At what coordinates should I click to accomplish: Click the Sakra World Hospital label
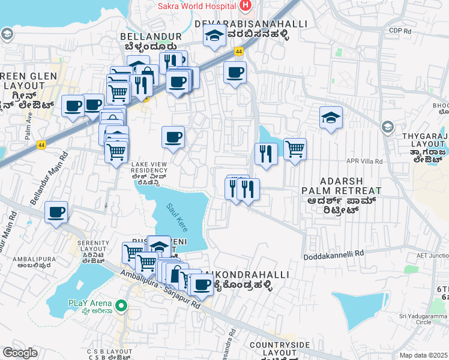pos(196,7)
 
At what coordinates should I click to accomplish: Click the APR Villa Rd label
pos(364,161)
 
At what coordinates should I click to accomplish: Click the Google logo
pos(20,353)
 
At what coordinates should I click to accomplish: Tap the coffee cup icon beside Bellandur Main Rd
pos(56,212)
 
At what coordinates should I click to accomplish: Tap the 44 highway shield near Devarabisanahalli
pos(240,52)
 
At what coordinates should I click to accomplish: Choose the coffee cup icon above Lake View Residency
pos(173,137)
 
